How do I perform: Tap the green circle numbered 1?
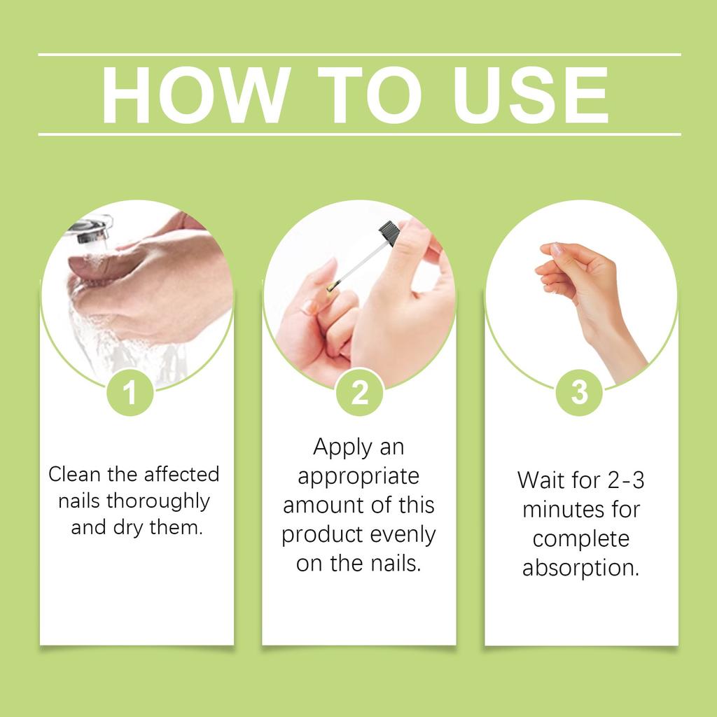[130, 394]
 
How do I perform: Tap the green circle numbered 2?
[359, 394]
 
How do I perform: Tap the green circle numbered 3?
[580, 394]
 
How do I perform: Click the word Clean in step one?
[72, 474]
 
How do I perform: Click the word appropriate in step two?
[358, 476]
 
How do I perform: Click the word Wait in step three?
[540, 480]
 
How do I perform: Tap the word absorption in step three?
[580, 568]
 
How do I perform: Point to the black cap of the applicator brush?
[389, 232]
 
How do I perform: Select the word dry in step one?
[127, 527]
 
